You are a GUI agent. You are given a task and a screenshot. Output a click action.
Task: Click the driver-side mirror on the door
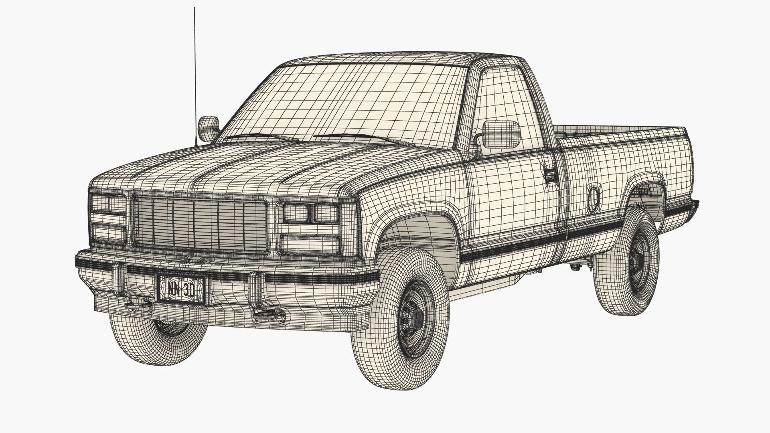501,132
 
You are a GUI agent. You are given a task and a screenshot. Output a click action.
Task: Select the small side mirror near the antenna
209,128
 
